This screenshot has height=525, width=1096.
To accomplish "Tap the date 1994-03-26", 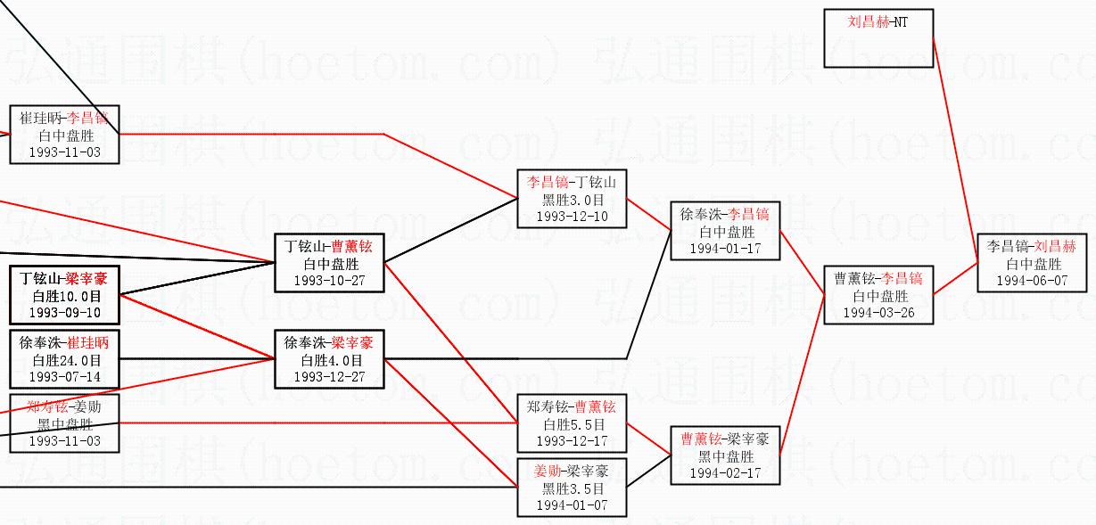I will click(878, 313).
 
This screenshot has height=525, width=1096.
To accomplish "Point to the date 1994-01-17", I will click(725, 249).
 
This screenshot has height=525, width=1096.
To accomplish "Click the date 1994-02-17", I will click(725, 473).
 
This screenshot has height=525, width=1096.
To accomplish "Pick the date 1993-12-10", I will click(572, 217).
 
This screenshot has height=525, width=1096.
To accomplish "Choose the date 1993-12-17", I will click(572, 441).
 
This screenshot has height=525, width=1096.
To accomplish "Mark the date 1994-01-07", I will click(572, 505).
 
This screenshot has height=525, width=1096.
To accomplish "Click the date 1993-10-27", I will click(329, 281).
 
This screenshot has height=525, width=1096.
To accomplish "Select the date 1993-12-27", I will click(329, 377).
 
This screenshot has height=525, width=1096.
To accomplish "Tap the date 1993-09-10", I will click(65, 313).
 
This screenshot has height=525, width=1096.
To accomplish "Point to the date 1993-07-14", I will click(65, 377).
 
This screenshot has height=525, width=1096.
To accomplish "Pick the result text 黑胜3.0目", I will click(573, 201).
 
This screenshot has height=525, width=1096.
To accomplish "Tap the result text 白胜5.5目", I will click(573, 425).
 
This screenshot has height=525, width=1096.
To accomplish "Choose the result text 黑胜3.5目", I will click(573, 489).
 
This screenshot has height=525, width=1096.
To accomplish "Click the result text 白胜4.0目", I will click(330, 361).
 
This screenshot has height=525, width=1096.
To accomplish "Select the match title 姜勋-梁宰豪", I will click(572, 472).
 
